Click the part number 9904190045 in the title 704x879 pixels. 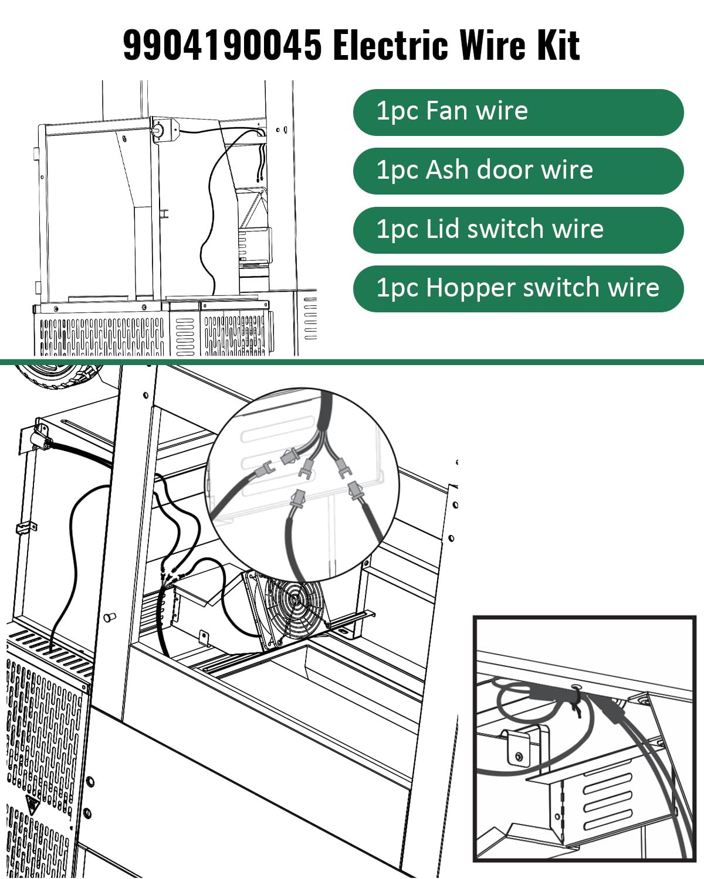pyautogui.click(x=222, y=45)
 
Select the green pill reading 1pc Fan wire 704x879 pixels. pyautogui.click(x=518, y=112)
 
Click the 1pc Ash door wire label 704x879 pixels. pyautogui.click(x=518, y=171)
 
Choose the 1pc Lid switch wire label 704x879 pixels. pyautogui.click(x=518, y=230)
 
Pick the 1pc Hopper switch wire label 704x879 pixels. pyautogui.click(x=518, y=288)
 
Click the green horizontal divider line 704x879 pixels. pyautogui.click(x=352, y=362)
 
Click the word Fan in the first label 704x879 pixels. pyautogui.click(x=446, y=111)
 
